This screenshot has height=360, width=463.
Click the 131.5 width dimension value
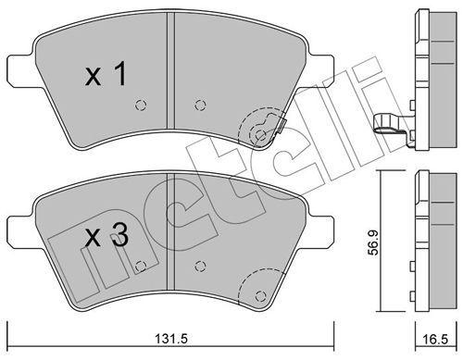pos(170,339)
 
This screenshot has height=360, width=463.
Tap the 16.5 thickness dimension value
pos(435,340)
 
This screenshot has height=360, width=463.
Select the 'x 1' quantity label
pos(106,74)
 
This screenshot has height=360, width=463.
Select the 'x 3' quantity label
pos(106,236)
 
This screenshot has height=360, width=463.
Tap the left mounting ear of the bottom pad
pos(19,231)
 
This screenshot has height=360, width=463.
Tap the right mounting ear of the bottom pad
pos(321,231)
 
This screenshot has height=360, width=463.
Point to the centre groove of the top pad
pos(170,70)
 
